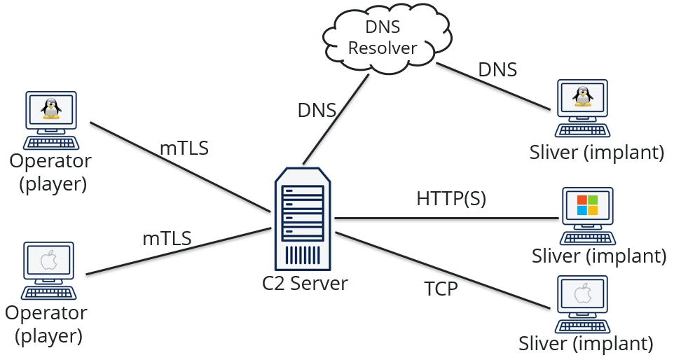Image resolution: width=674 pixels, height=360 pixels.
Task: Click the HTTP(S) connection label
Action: click(451, 198)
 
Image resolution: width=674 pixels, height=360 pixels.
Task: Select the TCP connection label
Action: click(441, 288)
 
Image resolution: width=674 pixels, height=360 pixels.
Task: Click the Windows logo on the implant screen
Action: click(587, 205)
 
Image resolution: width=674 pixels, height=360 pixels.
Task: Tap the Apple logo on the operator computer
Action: click(48, 262)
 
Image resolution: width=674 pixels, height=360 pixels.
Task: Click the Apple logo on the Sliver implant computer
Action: click(583, 295)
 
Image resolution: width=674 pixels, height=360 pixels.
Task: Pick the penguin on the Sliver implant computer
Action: click(581, 97)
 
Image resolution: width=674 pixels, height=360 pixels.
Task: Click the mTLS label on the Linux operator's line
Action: click(185, 148)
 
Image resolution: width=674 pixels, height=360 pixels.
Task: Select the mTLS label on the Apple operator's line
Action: click(167, 238)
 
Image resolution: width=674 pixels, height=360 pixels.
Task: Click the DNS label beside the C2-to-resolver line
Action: click(317, 111)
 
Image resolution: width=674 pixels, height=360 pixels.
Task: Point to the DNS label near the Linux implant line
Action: click(497, 69)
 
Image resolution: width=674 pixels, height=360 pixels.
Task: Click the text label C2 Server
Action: click(305, 284)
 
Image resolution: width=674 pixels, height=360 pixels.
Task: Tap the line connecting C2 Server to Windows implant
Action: click(448, 219)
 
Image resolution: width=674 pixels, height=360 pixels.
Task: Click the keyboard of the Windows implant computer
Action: click(587, 238)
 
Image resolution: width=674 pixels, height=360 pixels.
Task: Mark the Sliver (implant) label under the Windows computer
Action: click(598, 256)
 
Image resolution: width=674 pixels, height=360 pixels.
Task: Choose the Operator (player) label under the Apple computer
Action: click(46, 323)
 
